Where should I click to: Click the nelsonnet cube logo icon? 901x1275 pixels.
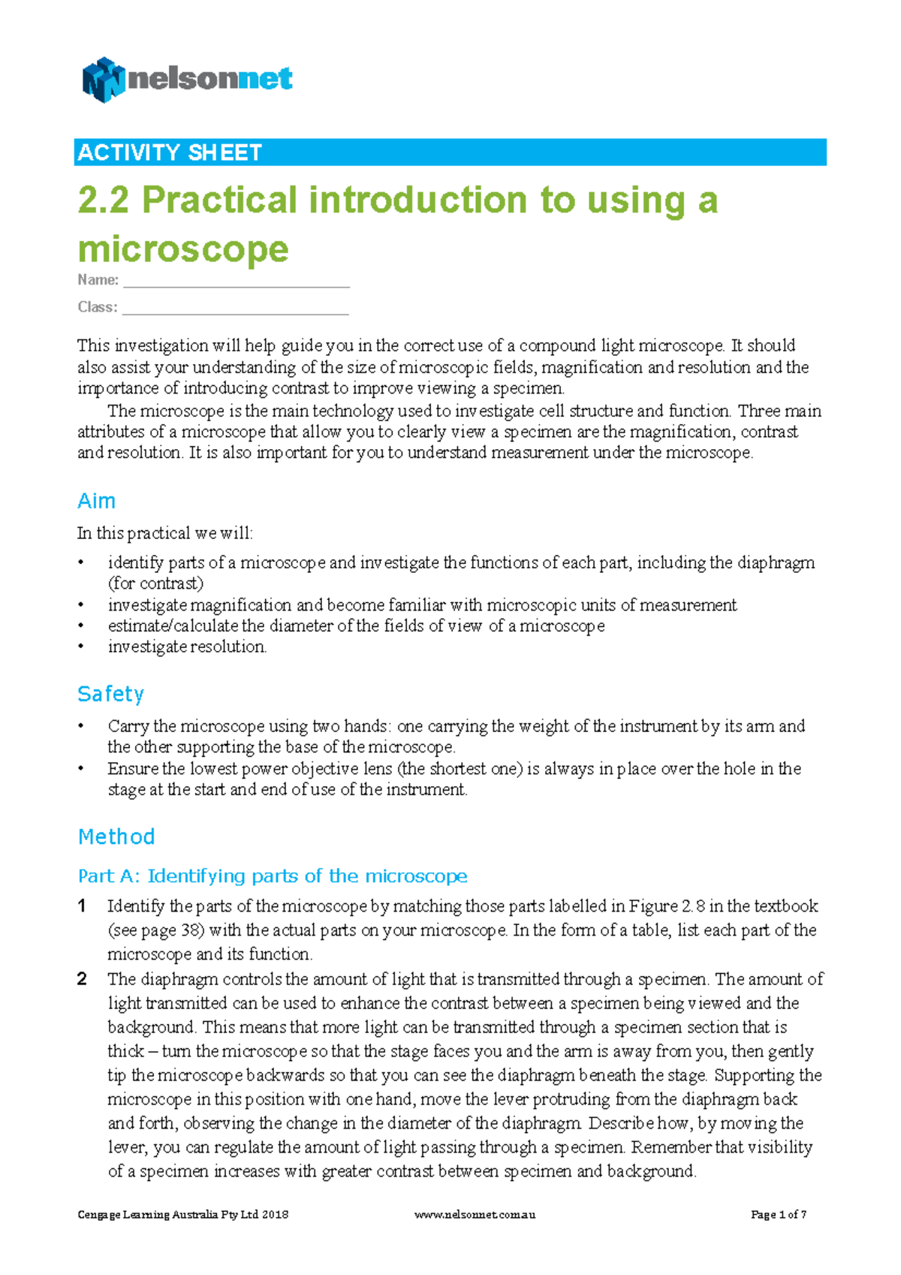click(x=103, y=80)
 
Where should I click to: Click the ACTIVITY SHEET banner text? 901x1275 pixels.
click(x=169, y=152)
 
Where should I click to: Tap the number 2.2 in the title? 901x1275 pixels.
click(x=103, y=200)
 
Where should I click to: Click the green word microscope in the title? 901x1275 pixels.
click(x=182, y=249)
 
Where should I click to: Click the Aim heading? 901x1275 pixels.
click(x=96, y=501)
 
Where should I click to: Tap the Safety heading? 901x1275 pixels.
click(x=110, y=694)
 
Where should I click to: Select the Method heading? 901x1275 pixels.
click(x=116, y=836)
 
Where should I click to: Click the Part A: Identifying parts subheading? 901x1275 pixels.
click(x=273, y=876)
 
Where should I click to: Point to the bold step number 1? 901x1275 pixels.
click(x=82, y=906)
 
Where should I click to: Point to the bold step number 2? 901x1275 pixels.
click(x=82, y=979)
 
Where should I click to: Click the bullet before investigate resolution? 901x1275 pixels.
click(x=81, y=647)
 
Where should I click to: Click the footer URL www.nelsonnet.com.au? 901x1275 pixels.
click(x=475, y=1214)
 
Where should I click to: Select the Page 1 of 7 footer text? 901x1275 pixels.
click(x=778, y=1214)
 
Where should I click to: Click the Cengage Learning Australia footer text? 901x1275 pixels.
click(x=182, y=1214)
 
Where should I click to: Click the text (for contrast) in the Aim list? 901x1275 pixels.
click(x=155, y=583)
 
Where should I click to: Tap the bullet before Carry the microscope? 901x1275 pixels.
click(x=81, y=726)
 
